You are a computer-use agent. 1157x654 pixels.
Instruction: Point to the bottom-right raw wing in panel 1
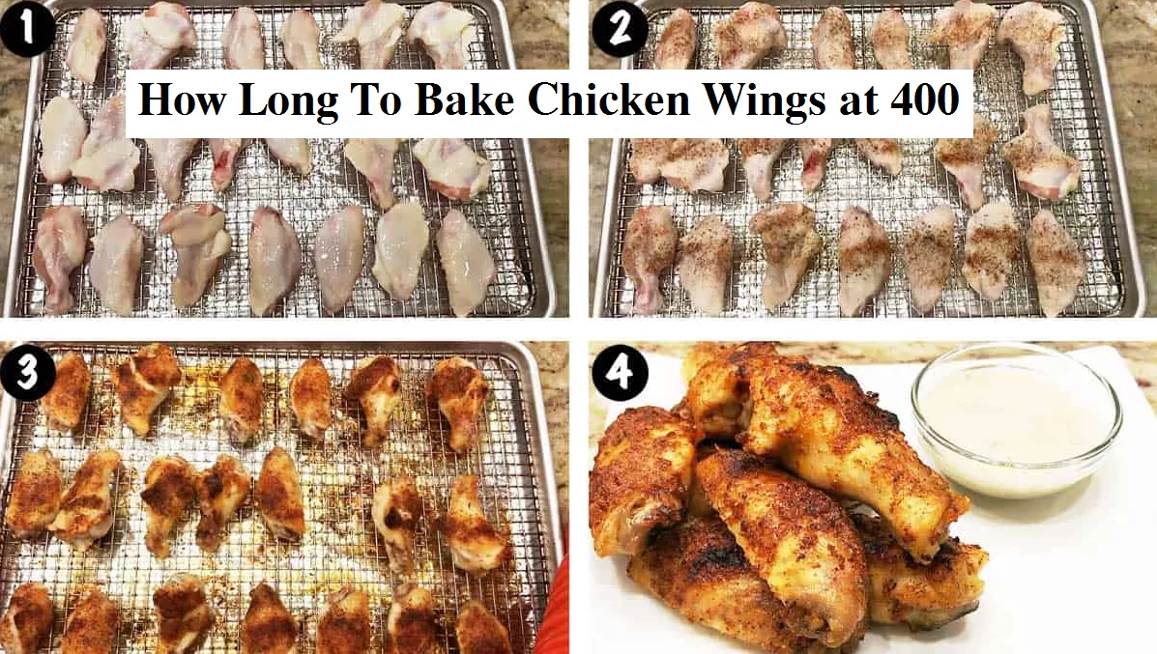pyautogui.click(x=465, y=261)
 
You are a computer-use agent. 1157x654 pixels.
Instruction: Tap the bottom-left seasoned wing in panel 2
pyautogui.click(x=649, y=257)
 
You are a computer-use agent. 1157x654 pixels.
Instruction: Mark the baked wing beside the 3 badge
pyautogui.click(x=67, y=391)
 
